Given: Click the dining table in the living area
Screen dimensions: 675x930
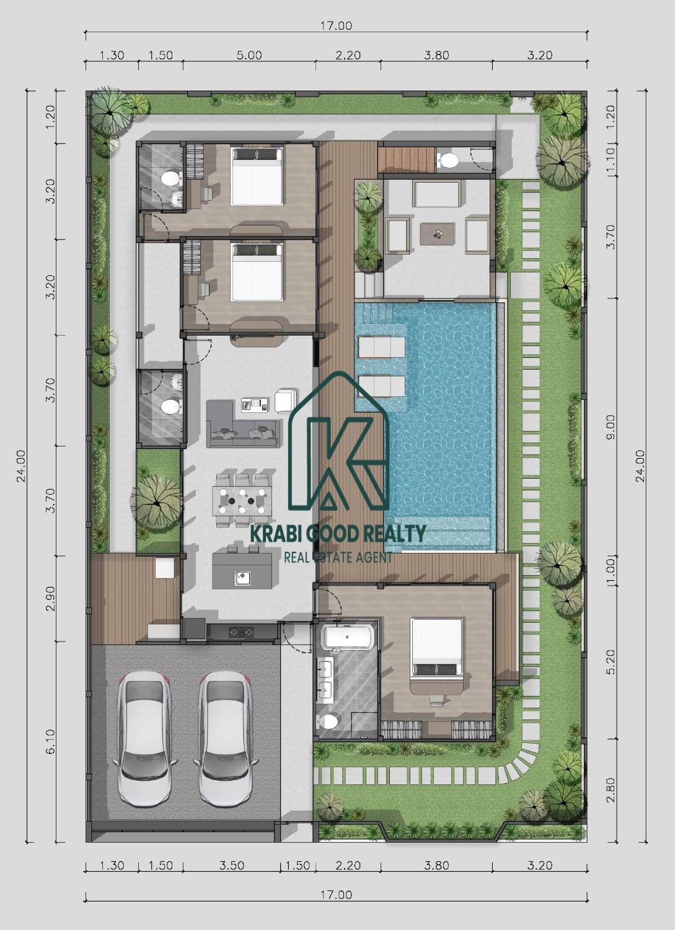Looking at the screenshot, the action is coord(242,500).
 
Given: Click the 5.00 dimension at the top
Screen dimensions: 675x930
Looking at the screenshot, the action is coord(249,55).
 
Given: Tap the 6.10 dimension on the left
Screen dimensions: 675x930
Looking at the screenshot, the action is coord(50,742).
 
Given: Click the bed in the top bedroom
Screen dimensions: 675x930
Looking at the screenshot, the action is coord(257,176).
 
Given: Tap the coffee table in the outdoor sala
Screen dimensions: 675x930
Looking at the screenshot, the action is coord(437,234).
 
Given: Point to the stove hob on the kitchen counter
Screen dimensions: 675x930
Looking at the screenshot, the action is coord(240,632).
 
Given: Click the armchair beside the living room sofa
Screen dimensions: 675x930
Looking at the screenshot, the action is coord(285,401).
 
